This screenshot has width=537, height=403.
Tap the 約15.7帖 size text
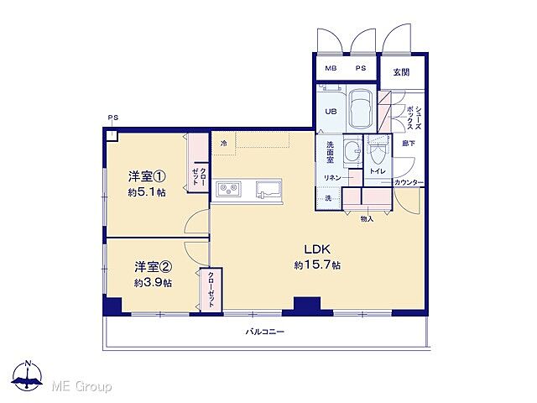pyautogui.click(x=316, y=265)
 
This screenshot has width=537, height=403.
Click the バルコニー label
pyautogui.click(x=265, y=332)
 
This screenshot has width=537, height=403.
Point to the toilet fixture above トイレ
pyautogui.click(x=378, y=154)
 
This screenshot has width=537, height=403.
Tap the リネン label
pyautogui.click(x=332, y=177)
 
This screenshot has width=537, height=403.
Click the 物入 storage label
pyautogui.click(x=367, y=218)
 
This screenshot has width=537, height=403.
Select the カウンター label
pyautogui.click(x=409, y=183)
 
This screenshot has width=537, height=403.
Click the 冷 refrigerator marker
pyautogui.click(x=223, y=144)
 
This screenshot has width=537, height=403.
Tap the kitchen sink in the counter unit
pyautogui.click(x=268, y=191)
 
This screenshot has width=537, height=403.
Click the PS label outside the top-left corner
pyautogui.click(x=112, y=117)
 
